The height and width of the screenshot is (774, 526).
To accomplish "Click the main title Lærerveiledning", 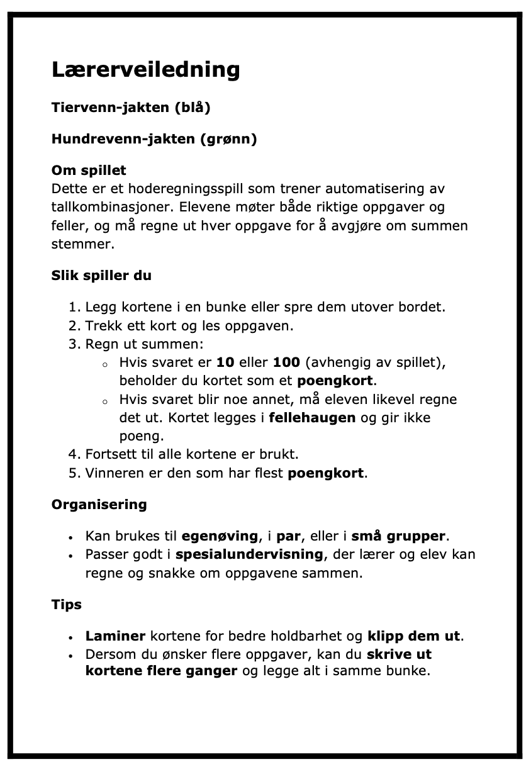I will pos(145,69).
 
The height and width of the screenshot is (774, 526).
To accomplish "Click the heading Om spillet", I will pos(89,170).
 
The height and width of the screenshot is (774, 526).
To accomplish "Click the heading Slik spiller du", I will pos(101,276).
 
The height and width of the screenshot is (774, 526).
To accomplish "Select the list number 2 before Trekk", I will pos(74,326).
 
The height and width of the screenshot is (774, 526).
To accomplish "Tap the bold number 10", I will pos(225,363).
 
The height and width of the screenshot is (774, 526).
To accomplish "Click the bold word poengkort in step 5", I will pos(325,473).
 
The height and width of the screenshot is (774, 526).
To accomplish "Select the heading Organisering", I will pos(99,504).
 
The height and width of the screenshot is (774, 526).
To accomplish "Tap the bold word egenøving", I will pos(220,537).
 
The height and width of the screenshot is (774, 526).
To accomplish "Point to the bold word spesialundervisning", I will pos(249,555).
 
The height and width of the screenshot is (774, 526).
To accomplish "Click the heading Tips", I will pos(67,605).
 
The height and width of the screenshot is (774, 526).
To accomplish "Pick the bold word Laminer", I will pos(116,636).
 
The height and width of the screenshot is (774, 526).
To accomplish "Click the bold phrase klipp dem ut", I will pos(414,636).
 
